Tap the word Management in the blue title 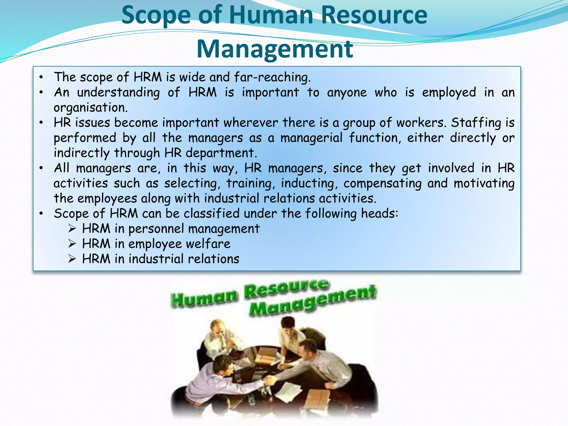point(275,49)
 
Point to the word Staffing point(476,123)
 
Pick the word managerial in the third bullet point(311,138)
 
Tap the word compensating point(382,183)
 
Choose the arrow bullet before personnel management point(72,229)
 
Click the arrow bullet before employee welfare point(72,244)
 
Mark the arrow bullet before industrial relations point(72,259)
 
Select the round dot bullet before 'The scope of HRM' point(41,77)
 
